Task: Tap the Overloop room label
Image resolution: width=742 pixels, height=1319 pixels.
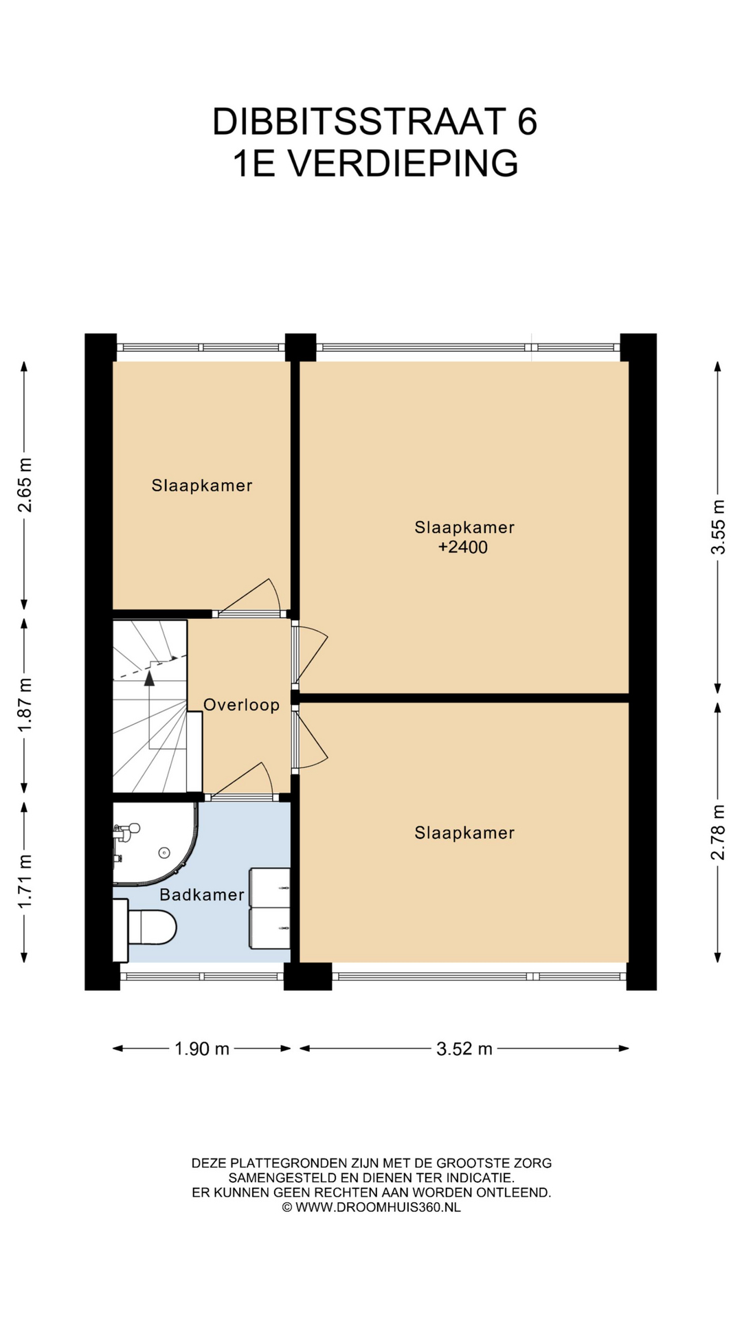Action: (242, 705)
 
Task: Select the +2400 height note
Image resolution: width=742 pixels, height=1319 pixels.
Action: (463, 548)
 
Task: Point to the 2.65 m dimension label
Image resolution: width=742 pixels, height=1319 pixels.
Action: (25, 486)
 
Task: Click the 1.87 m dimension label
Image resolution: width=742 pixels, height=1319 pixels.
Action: (25, 705)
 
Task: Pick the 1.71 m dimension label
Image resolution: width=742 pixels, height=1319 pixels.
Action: (25, 881)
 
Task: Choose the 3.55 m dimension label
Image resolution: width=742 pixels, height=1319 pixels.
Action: (718, 527)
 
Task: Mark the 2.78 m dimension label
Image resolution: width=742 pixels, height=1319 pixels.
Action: (718, 832)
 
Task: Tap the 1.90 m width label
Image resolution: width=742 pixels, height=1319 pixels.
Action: (202, 1049)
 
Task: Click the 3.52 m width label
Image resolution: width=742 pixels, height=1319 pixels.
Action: (464, 1049)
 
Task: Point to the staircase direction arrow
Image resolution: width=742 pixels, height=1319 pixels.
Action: (149, 679)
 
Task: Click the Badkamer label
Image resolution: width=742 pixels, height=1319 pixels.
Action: (202, 894)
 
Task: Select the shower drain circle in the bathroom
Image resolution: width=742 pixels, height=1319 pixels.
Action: (164, 853)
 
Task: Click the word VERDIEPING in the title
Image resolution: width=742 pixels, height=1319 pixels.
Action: (403, 164)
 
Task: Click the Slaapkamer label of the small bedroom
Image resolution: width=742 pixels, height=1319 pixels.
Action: (202, 486)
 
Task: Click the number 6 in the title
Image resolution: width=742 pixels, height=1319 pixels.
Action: (527, 122)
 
